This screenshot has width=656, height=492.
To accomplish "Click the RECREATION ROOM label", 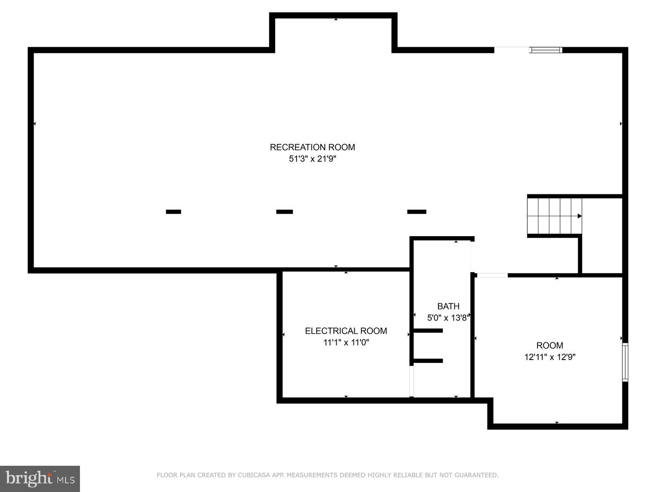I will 312,147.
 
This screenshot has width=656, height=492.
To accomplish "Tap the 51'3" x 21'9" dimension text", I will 312,159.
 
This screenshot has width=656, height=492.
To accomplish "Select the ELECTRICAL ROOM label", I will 346,331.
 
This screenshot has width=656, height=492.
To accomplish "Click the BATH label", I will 448,306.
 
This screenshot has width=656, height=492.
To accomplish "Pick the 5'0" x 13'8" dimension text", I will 448,318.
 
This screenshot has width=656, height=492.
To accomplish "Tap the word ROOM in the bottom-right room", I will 549,346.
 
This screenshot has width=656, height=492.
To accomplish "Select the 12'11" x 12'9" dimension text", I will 549,357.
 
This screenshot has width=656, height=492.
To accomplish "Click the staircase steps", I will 553,216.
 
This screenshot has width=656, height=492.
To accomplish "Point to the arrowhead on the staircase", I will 579,216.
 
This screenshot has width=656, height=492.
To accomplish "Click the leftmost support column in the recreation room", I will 173,212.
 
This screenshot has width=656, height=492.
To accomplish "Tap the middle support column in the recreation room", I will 285,212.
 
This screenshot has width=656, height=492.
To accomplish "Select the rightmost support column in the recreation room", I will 417,212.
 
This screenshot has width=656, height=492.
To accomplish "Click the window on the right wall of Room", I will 625,362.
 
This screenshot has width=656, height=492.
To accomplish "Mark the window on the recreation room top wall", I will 545,50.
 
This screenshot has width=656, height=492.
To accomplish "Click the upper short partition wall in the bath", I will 428,330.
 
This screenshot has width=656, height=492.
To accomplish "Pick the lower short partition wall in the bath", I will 428,361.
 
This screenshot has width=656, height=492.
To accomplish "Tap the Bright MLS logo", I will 40,478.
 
